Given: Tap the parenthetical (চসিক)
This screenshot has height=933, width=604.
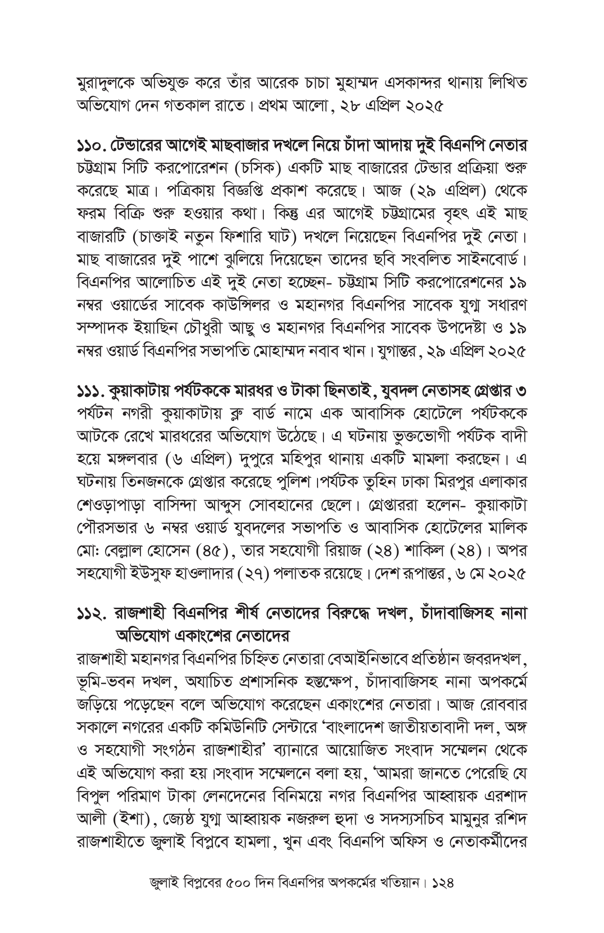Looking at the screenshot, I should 261,168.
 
